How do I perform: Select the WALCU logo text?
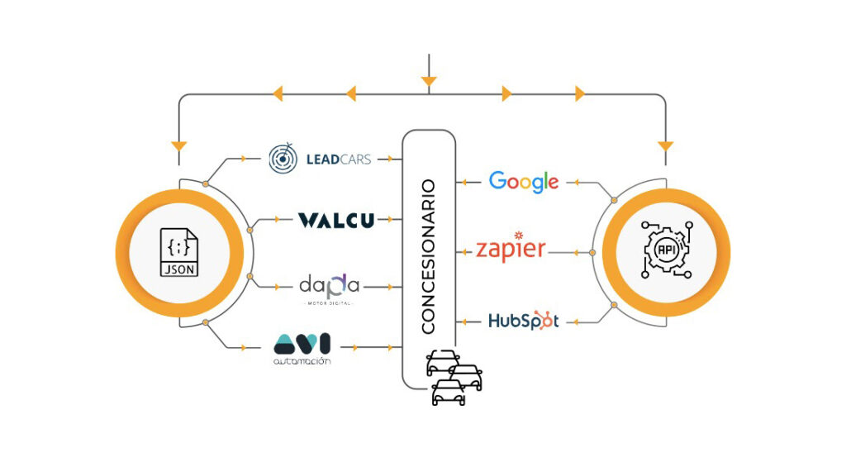point(335,220)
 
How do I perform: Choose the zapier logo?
point(511,249)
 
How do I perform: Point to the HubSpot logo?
point(523,320)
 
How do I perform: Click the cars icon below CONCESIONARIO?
point(451,376)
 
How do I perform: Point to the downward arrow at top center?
point(428,81)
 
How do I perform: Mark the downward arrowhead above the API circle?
point(666,147)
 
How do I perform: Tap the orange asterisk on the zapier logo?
point(518,235)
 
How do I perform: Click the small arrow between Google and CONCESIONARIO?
point(468,181)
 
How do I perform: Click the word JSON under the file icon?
point(179,269)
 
